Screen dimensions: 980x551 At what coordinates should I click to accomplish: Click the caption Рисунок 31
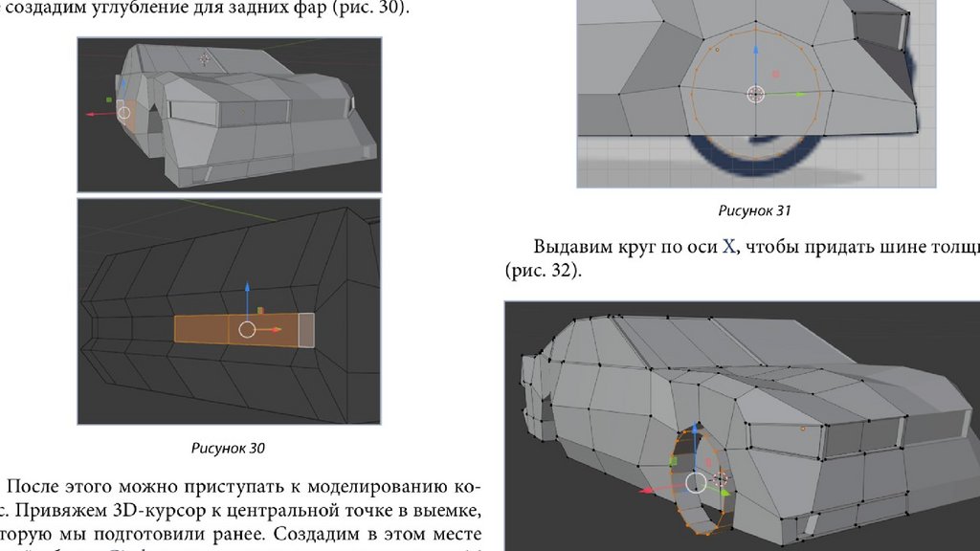[755, 209]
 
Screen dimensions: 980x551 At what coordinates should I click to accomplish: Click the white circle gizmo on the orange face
[247, 330]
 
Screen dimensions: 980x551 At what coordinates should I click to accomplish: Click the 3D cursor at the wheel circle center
[755, 94]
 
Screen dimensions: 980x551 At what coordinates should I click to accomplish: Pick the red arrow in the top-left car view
[95, 114]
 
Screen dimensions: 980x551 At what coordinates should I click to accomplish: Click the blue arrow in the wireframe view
[247, 292]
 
